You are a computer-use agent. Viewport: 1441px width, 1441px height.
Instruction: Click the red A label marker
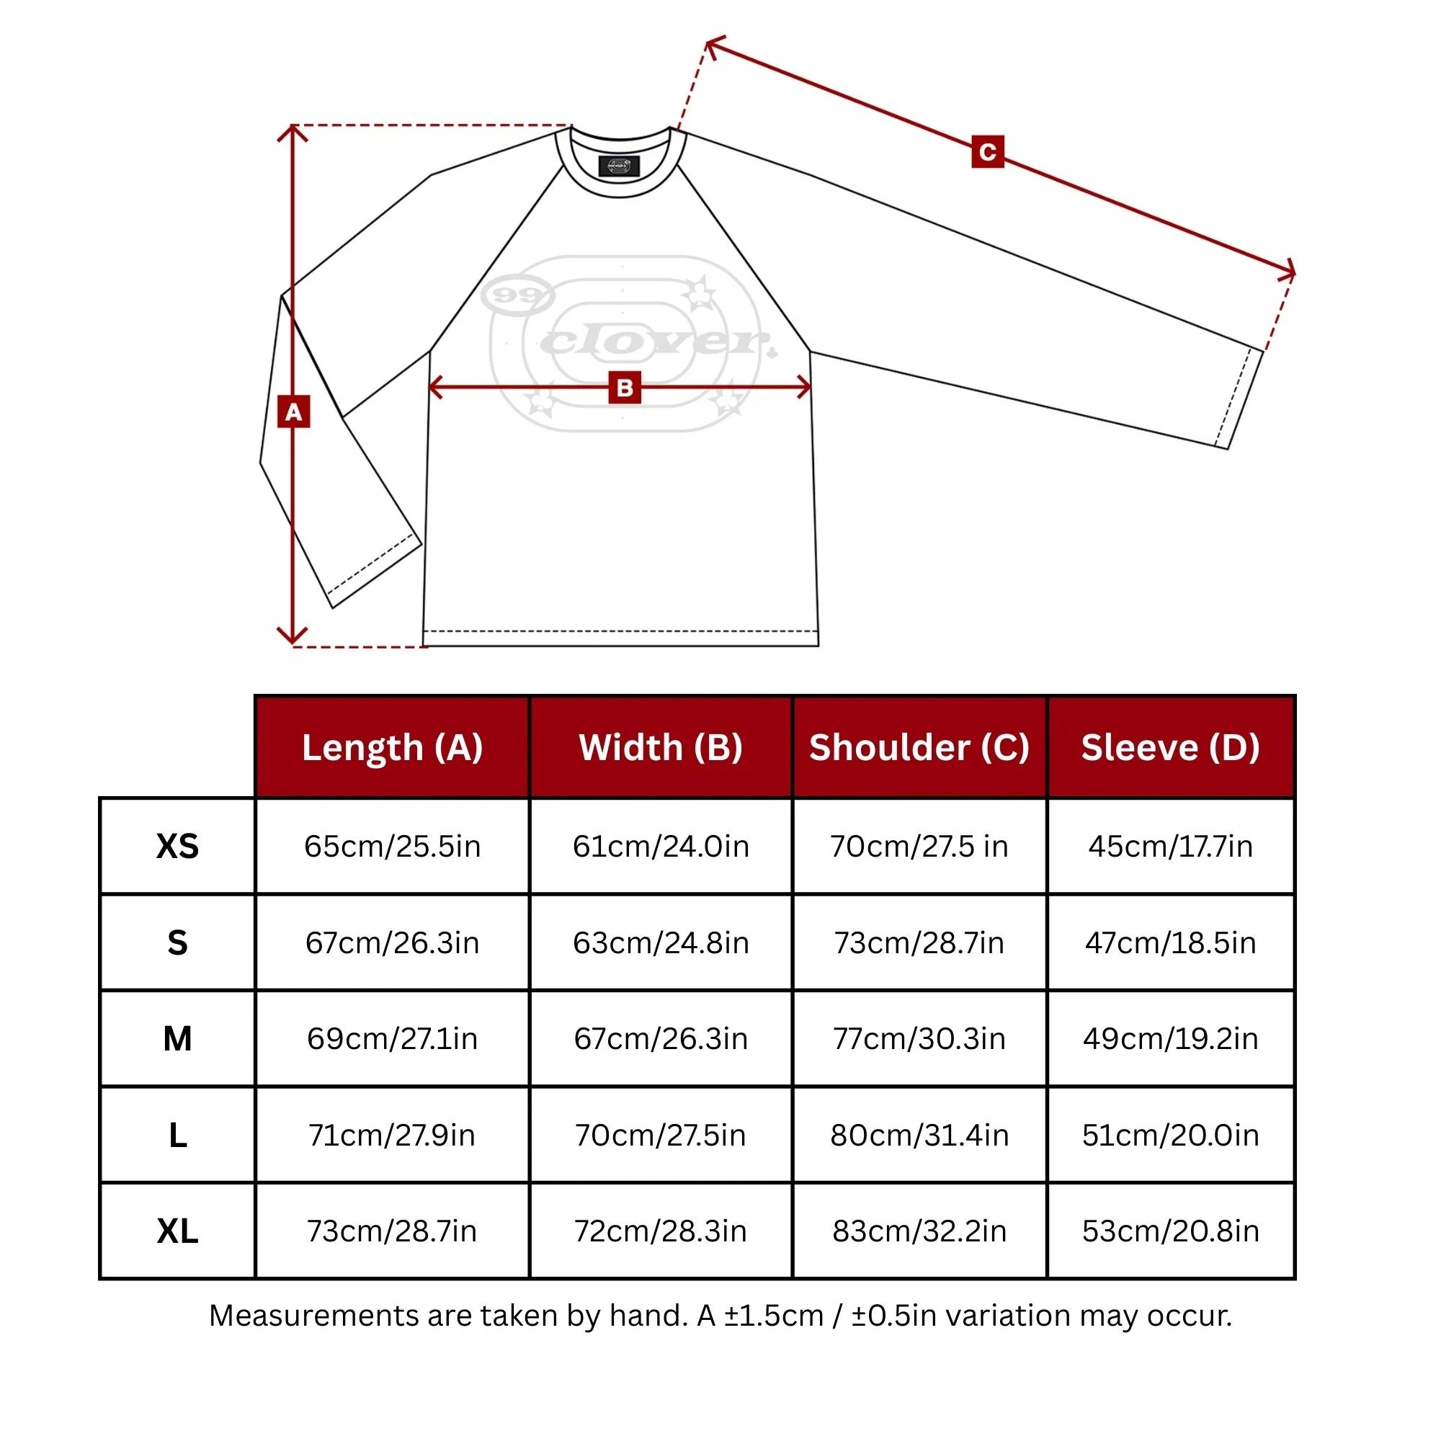click(293, 411)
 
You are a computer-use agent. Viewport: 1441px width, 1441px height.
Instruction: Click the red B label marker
click(624, 387)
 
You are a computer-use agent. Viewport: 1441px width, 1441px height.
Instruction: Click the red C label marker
click(988, 151)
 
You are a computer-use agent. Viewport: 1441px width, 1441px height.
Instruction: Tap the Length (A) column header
click(393, 747)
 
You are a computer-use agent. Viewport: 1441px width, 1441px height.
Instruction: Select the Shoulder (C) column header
click(919, 747)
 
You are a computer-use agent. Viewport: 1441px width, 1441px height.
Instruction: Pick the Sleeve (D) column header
click(1170, 747)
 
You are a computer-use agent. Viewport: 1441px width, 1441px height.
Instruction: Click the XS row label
click(177, 847)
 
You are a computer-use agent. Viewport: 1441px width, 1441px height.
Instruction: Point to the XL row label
click(177, 1231)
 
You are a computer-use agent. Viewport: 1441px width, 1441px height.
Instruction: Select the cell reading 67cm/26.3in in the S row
click(393, 942)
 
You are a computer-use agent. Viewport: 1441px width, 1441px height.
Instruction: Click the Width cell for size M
click(661, 1039)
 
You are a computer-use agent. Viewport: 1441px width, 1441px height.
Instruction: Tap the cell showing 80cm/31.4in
click(919, 1136)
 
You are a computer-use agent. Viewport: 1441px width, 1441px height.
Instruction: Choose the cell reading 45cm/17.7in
click(1170, 847)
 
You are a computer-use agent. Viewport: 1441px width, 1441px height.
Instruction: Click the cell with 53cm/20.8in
click(1170, 1231)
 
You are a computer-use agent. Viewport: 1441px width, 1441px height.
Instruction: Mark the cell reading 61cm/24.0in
click(661, 847)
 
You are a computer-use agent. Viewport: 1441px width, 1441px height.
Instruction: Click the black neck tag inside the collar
click(619, 166)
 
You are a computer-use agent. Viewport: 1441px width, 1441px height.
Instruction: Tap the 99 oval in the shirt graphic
click(517, 295)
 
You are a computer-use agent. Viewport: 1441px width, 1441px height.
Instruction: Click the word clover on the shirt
click(653, 342)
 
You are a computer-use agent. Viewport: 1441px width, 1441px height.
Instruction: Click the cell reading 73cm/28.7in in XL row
click(393, 1231)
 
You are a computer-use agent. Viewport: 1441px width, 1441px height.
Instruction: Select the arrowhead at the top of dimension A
click(293, 131)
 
